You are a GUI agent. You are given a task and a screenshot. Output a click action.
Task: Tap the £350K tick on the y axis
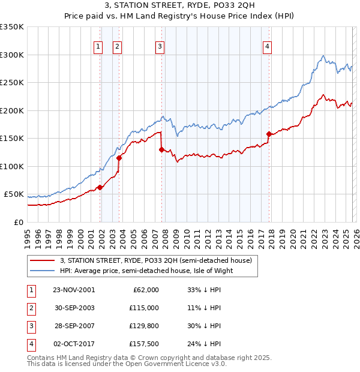pos(12,27)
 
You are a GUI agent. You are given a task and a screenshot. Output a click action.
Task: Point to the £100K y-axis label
pos(12,166)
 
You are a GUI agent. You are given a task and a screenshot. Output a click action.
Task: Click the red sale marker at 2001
pos(100,188)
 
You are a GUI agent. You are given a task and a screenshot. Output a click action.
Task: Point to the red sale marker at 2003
pos(119,158)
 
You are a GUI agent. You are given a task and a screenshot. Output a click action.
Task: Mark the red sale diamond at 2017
pos(268,134)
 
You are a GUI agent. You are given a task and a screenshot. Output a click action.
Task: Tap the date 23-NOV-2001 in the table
pos(74,289)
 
